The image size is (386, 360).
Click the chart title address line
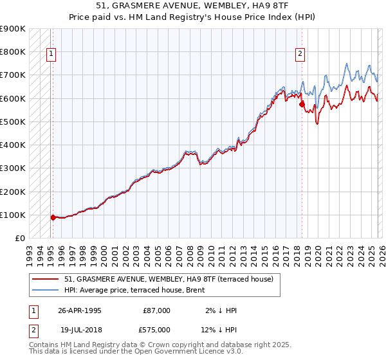[192, 6]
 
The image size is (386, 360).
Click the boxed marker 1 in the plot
[51, 55]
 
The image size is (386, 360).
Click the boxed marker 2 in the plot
[300, 55]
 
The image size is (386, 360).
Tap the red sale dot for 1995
[53, 217]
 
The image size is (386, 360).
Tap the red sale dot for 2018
[302, 104]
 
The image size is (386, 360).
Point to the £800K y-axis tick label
[13, 52]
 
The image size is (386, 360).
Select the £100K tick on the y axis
[13, 215]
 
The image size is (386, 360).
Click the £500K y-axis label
[13, 122]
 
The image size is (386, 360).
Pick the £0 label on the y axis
[19, 238]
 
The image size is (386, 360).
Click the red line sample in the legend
[46, 279]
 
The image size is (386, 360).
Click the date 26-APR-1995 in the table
[80, 310]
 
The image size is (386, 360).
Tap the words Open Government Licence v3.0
[188, 352]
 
